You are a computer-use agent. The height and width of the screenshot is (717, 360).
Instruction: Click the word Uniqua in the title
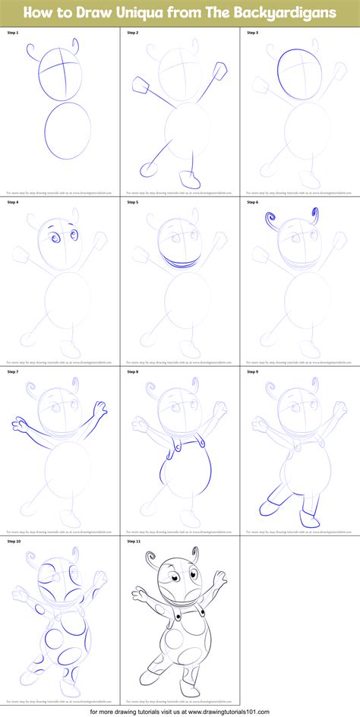tap(140, 11)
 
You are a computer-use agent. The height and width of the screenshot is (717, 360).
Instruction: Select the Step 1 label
tap(12, 33)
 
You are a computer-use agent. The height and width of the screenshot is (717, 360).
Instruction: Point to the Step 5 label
tap(132, 202)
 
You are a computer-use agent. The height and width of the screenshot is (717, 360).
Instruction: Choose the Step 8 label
tap(132, 372)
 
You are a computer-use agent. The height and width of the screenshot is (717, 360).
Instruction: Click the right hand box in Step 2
tap(222, 71)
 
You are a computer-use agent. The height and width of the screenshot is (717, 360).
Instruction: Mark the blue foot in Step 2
tap(194, 181)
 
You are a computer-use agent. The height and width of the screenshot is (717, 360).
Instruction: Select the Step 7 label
tap(12, 372)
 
